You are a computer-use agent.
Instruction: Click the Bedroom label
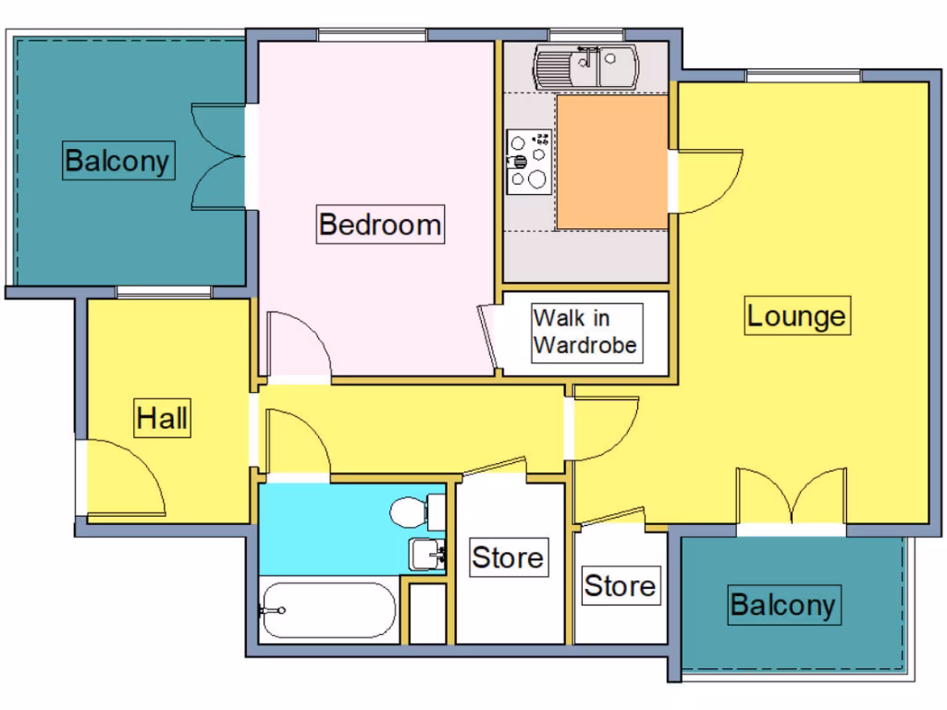[379, 225]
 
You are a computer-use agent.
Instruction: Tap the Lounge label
[796, 316]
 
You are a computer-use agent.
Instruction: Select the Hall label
[163, 419]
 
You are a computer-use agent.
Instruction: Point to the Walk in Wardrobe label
[585, 332]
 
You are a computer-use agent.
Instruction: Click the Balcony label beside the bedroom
[117, 161]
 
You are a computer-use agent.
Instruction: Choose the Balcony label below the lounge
[782, 606]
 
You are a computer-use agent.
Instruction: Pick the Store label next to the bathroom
[508, 557]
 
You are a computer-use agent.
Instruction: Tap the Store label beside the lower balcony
[620, 585]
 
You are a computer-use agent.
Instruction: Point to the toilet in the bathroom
[415, 511]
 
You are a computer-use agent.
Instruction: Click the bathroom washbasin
[427, 555]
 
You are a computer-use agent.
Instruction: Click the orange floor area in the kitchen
[611, 162]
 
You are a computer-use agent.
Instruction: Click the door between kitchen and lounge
[708, 180]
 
